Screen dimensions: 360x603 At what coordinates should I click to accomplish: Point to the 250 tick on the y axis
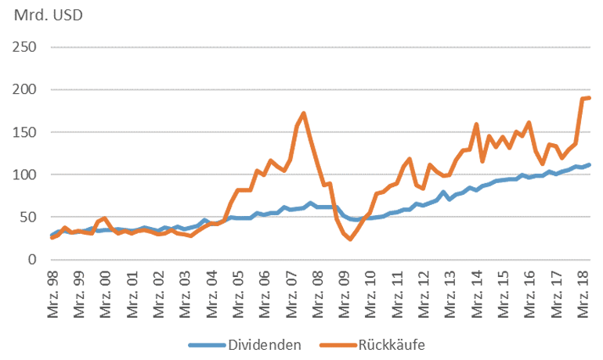pos(27,47)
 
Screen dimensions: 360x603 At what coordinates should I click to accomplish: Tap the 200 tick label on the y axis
pos(27,89)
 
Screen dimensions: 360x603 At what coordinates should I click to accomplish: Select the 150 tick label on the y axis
pos(27,131)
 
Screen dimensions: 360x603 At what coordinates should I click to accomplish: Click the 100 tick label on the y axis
pos(27,175)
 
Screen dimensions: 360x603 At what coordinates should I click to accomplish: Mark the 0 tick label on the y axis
pos(33,259)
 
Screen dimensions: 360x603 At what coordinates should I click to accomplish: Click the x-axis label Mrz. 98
pos(52,293)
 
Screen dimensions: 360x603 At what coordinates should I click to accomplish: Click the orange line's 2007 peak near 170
pos(303,113)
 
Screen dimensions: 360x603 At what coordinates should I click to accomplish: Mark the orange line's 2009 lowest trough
pos(350,239)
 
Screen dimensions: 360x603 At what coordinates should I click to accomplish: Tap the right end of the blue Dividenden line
pos(589,164)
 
